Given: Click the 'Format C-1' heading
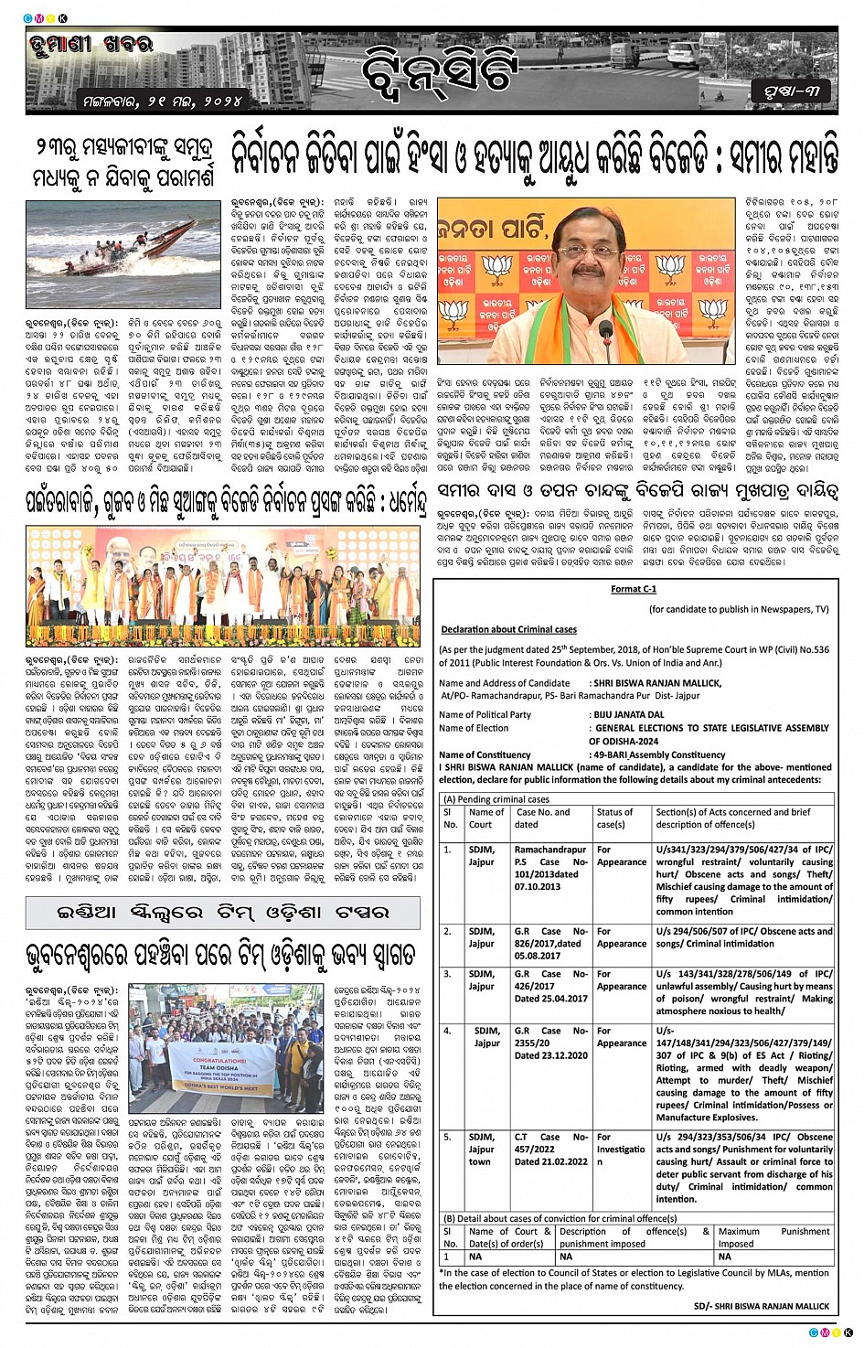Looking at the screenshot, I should tap(633, 589).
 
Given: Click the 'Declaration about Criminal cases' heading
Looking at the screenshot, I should tap(508, 629).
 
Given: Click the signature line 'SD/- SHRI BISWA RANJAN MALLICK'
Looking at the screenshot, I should tap(761, 1306).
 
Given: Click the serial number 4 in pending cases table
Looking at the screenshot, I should tap(448, 1031).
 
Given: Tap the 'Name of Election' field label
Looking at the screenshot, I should tap(474, 728).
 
